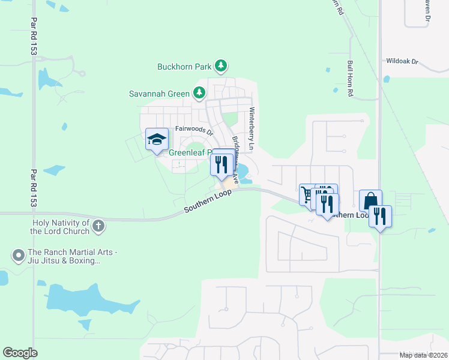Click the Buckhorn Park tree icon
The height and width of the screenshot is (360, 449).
[x=221, y=65]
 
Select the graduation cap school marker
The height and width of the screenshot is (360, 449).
[x=157, y=140]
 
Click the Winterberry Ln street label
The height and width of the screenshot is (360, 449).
[x=252, y=130]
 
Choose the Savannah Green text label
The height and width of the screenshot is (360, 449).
[x=159, y=94]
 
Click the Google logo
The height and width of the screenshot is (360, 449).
[x=20, y=353]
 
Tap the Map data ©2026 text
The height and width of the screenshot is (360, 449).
[x=423, y=355]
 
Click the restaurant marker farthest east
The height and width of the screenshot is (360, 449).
[x=380, y=215]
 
